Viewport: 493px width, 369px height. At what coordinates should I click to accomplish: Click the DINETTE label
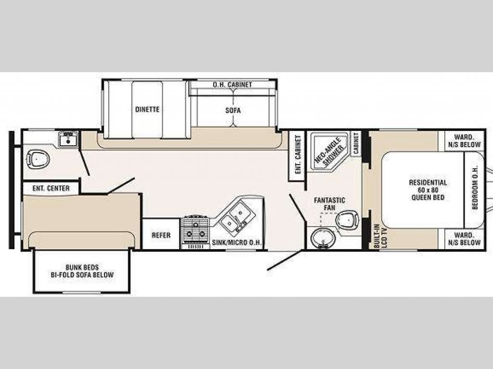147,109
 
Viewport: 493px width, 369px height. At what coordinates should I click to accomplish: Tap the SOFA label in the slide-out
233,110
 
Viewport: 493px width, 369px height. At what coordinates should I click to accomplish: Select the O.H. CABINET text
233,85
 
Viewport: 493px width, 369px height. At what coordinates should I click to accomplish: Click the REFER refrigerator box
161,234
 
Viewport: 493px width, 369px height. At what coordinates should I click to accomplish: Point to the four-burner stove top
195,230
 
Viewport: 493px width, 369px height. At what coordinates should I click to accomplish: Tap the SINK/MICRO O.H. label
237,242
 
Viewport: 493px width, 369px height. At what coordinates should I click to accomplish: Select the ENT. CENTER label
51,188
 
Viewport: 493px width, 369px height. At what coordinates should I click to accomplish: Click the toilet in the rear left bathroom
38,158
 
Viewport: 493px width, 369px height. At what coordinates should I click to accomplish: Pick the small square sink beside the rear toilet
68,139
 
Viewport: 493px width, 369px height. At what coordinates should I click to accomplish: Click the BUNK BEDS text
82,267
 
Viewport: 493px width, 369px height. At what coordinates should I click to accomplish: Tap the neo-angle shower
329,151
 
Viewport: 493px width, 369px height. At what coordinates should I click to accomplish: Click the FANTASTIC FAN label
329,204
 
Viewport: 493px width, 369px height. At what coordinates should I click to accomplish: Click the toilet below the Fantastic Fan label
347,218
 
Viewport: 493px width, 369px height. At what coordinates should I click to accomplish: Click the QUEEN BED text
428,197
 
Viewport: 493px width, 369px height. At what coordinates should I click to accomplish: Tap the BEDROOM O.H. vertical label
475,188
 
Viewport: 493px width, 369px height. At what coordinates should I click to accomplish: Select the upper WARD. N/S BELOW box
465,141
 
